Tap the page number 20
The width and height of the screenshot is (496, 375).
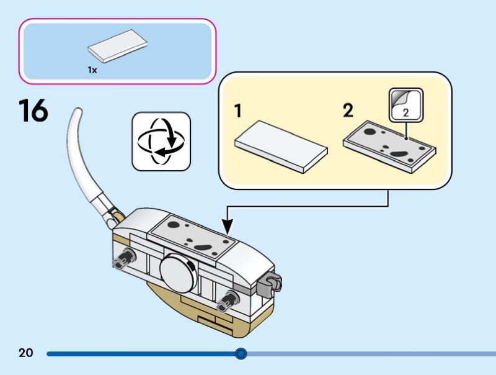pos(25,353)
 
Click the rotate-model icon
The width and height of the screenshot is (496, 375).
pos(161,141)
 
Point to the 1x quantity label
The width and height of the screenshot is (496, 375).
pos(92,70)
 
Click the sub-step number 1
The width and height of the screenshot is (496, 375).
pos(238,112)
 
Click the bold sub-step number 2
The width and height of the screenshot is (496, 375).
pos(348,112)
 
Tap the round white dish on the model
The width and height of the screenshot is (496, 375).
pos(177,271)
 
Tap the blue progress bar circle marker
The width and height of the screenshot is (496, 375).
pos(241,354)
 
